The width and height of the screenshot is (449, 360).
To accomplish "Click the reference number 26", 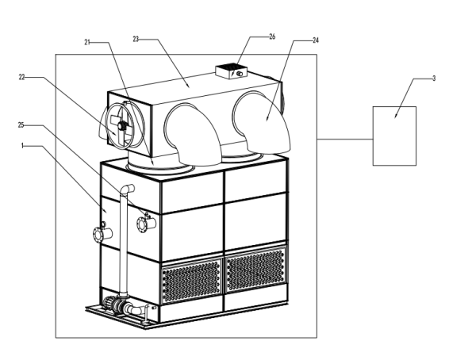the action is tap(272, 36).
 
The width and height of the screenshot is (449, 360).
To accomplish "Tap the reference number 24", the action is tap(315, 40).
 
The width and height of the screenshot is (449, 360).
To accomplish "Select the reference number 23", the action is tap(136, 39).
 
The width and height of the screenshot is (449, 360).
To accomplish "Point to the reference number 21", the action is tap(87, 42).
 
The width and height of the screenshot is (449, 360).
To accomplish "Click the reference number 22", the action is tap(22, 77).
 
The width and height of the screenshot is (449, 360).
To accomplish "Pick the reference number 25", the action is tap(21, 125).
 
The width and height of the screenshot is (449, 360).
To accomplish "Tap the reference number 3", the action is tap(434, 79).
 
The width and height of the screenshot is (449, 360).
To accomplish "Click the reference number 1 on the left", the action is tap(22, 146).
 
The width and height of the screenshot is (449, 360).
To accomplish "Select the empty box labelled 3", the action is tap(394, 136).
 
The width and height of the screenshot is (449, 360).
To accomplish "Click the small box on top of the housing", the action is tap(232, 71).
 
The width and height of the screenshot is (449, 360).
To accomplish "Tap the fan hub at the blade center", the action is tap(122, 125).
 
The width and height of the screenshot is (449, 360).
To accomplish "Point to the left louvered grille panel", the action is tap(191, 280).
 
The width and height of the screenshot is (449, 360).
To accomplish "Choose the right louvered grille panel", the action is tap(255, 270).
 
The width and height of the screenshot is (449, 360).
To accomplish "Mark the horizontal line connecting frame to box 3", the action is tap(345, 139).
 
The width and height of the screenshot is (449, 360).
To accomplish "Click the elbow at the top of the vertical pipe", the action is tap(127, 190).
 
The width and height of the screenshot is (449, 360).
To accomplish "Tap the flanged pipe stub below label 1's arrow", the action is tap(102, 234).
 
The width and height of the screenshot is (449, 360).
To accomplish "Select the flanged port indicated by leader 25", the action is tap(146, 224).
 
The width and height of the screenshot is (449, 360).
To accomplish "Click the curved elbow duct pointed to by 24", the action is tap(262, 123).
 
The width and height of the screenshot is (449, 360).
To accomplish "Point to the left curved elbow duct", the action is tap(194, 135).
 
